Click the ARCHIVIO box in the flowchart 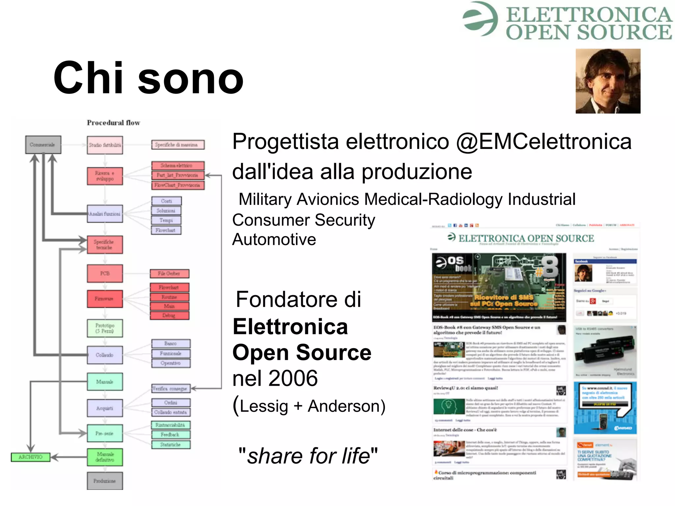click(x=30, y=457)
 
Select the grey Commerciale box click(x=43, y=145)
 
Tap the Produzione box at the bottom click(x=105, y=481)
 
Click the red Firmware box click(x=105, y=299)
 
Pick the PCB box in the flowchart click(x=105, y=273)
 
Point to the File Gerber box click(x=169, y=273)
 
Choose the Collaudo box click(x=105, y=355)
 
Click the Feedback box click(x=170, y=435)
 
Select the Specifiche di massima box click(x=178, y=145)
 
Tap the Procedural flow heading click(x=113, y=123)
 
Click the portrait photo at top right click(x=608, y=81)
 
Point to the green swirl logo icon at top click(x=480, y=19)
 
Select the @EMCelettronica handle click(x=544, y=142)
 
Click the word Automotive click(x=274, y=239)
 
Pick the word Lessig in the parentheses click(x=264, y=406)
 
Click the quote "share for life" click(x=308, y=456)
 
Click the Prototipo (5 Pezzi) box click(x=105, y=328)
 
